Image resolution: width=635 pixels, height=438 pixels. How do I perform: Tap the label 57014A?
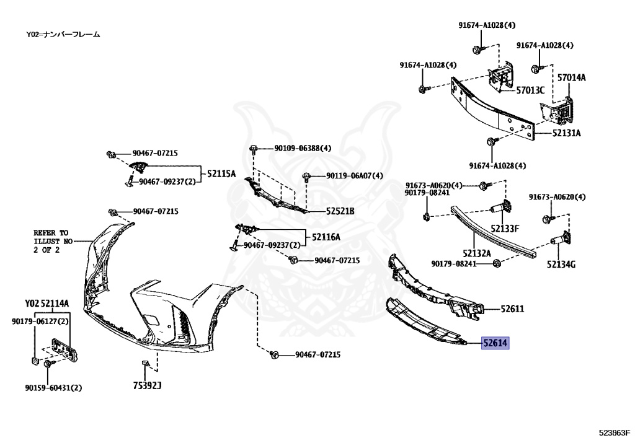tap(571, 77)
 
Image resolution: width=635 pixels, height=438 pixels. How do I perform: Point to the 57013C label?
tap(530, 90)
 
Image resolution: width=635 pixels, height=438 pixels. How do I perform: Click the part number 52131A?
tap(567, 133)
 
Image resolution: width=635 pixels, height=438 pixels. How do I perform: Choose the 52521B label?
tap(340, 211)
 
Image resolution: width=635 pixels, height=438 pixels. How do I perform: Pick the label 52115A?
tap(221, 174)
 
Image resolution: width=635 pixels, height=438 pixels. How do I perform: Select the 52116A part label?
tap(326, 237)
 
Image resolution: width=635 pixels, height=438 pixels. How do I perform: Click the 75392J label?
tap(147, 385)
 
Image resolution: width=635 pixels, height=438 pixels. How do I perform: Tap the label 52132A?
tap(476, 253)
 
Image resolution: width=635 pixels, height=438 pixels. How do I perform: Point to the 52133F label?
tap(505, 229)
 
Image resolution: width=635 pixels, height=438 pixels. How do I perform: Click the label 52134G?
tap(561, 265)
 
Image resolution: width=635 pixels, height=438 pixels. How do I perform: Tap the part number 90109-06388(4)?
tap(303, 148)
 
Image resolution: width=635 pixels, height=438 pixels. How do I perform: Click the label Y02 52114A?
tap(47, 304)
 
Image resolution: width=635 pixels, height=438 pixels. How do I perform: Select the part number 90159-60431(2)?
tap(53, 388)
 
